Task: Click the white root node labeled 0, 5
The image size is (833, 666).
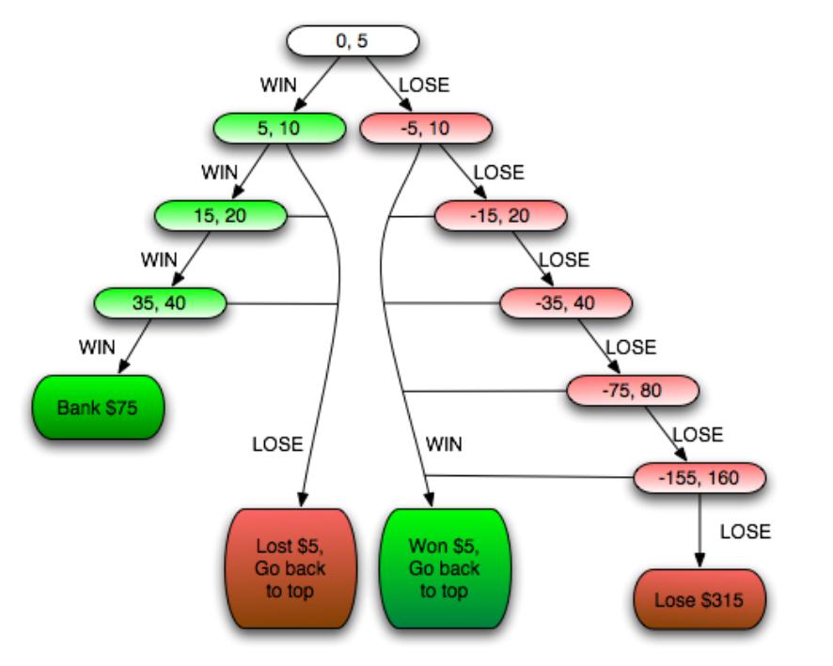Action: [x=352, y=40]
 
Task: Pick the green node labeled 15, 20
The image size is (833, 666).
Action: [x=220, y=216]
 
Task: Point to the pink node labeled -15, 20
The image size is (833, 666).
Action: [x=500, y=216]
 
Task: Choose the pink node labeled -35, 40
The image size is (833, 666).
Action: [x=565, y=302]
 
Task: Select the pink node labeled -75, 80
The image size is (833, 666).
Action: [x=633, y=390]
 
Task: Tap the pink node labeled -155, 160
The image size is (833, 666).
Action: [x=700, y=477]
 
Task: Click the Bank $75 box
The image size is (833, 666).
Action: [x=99, y=409]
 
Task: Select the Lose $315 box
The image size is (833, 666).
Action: [x=700, y=597]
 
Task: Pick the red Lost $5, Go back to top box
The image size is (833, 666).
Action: [x=291, y=568]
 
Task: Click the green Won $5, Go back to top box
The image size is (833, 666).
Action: [x=444, y=568]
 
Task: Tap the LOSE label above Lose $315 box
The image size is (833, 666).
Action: [x=745, y=532]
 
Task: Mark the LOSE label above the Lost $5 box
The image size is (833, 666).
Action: [x=277, y=443]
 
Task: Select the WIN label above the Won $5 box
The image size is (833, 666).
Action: [x=444, y=443]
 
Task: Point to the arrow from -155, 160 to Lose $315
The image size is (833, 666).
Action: [x=700, y=531]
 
